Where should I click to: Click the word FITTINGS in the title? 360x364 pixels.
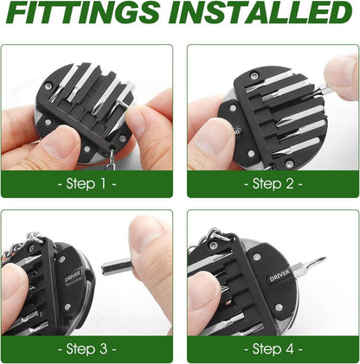coord(84,13)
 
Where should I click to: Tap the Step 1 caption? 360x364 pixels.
coord(87,183)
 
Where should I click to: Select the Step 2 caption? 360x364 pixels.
coord(273,183)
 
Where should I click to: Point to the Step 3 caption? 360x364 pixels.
coord(87,349)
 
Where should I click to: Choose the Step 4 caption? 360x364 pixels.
coord(273,349)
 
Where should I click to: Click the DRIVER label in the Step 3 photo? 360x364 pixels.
coord(73,276)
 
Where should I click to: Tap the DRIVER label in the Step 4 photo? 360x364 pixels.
coord(280,276)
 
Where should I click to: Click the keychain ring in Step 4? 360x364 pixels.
coord(215,234)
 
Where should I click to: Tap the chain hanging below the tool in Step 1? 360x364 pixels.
coord(109,161)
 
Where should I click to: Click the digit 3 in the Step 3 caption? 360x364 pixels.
coord(103,349)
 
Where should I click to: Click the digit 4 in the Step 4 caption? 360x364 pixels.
coord(289,349)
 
